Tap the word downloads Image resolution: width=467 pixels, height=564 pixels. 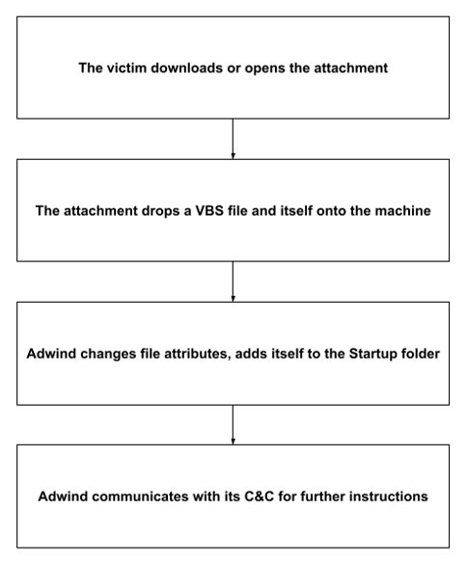186,67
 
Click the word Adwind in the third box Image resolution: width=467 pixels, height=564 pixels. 51,354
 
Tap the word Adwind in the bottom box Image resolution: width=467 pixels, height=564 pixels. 64,497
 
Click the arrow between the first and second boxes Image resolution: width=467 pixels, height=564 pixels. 233,139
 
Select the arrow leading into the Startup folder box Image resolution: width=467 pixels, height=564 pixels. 233,282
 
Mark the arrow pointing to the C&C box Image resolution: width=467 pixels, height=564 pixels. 233,425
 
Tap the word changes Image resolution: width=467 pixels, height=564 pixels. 108,354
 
